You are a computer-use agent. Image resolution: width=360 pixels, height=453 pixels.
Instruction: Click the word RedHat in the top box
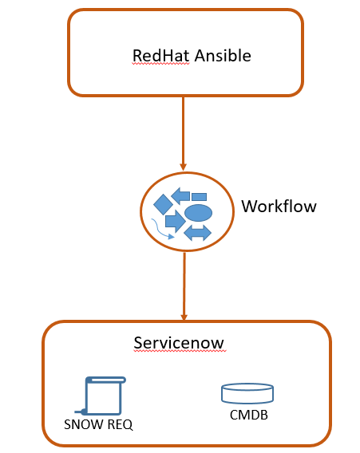160,56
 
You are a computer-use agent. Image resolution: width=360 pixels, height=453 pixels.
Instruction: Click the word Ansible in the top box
223,56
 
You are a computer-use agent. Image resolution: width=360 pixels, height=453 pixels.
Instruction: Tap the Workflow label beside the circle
279,207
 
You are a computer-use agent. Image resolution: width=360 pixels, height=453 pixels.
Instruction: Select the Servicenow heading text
179,343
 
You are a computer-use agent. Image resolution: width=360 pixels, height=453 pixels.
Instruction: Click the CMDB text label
249,415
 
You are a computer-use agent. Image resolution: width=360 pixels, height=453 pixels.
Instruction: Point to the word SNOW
84,424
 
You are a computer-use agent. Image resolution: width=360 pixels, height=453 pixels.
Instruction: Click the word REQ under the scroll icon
120,424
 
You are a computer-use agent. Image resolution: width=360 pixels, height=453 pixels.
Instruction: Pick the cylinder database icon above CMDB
247,393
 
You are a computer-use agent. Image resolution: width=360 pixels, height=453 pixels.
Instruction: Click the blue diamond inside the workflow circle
163,204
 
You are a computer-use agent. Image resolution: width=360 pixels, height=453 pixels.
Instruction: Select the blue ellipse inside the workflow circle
199,213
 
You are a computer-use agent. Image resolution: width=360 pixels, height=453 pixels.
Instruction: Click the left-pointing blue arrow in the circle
180,196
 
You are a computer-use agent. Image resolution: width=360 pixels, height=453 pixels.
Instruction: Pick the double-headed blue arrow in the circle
197,233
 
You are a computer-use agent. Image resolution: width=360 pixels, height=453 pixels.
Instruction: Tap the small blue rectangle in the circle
200,197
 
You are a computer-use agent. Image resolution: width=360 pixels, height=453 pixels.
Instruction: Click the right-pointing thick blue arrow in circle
176,221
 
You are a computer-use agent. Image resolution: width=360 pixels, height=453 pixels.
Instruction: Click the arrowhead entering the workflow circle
183,167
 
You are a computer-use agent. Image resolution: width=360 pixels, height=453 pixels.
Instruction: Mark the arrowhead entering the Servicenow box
184,317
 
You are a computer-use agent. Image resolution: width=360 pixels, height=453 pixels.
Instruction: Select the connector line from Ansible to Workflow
183,133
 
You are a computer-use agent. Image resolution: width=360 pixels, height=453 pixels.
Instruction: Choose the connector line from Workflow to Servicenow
184,286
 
